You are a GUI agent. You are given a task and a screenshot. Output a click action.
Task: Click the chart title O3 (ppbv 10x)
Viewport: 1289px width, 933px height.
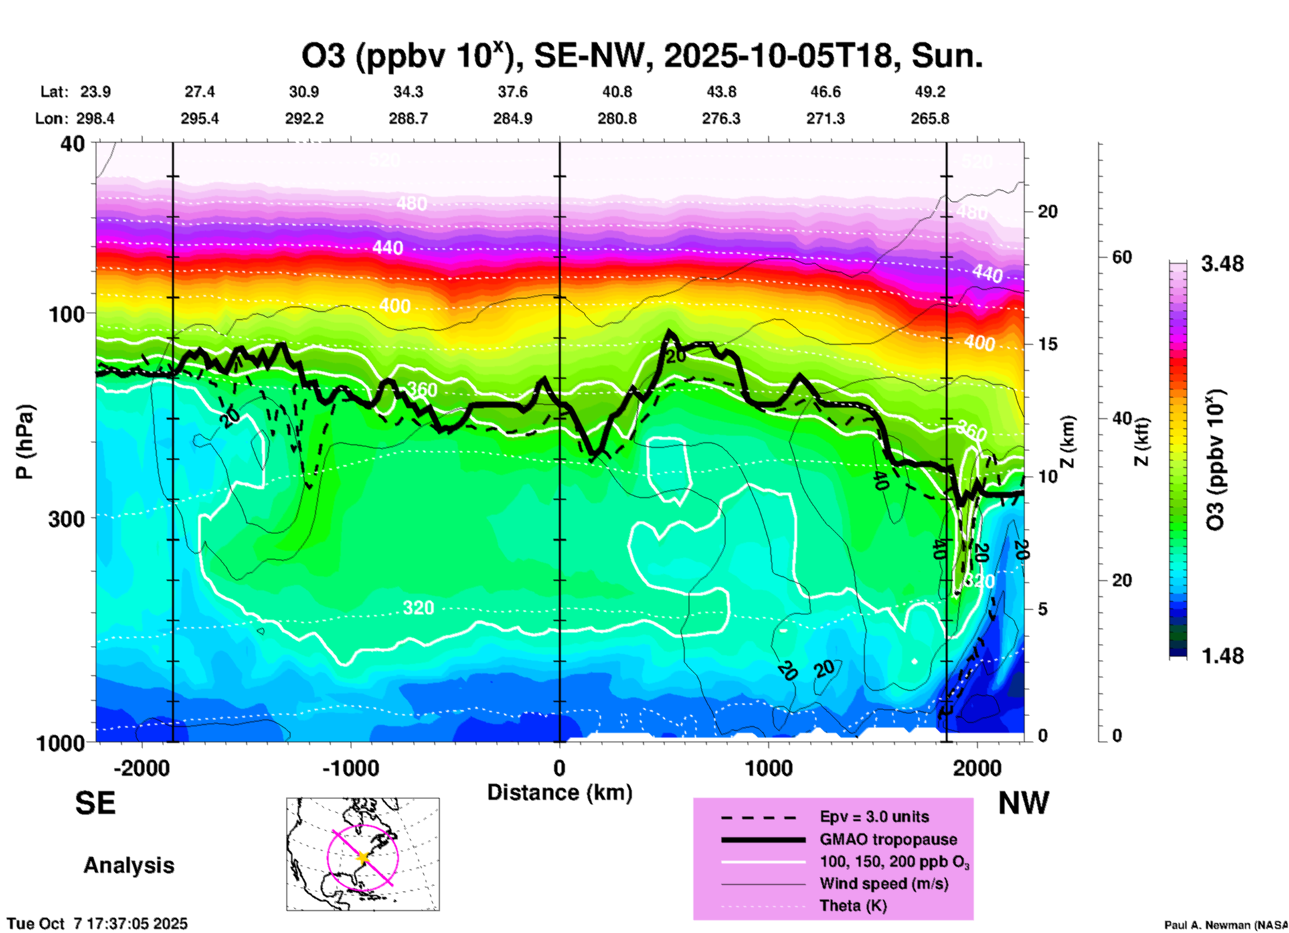pyautogui.click(x=641, y=56)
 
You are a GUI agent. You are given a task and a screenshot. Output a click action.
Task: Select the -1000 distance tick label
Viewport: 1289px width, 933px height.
pyautogui.click(x=350, y=768)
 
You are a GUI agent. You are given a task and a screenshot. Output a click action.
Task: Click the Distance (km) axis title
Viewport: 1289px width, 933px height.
pyautogui.click(x=560, y=792)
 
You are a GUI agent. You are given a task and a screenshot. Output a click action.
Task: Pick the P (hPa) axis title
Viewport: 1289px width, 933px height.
pyautogui.click(x=25, y=442)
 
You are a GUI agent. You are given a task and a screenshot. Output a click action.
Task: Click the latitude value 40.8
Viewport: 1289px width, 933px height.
pyautogui.click(x=616, y=92)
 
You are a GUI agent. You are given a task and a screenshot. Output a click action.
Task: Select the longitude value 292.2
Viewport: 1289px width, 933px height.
pyautogui.click(x=305, y=118)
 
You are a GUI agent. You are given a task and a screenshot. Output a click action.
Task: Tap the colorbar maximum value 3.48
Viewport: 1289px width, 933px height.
pyautogui.click(x=1222, y=264)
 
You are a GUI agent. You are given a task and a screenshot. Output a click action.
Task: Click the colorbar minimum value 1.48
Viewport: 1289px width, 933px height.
pyautogui.click(x=1222, y=656)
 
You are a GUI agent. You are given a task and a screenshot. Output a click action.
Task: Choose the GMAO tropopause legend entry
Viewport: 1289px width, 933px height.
pyautogui.click(x=887, y=839)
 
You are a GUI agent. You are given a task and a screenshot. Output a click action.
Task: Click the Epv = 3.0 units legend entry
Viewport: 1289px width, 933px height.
pyautogui.click(x=873, y=817)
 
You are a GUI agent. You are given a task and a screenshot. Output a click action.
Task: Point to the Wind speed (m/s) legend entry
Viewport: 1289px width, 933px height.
pyautogui.click(x=883, y=883)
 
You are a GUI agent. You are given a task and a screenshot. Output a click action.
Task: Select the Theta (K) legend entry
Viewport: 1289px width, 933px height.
pyautogui.click(x=853, y=906)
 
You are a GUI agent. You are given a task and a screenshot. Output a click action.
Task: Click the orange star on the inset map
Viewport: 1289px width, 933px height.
pyautogui.click(x=363, y=857)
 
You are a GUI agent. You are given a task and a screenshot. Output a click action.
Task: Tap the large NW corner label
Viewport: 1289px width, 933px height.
pyautogui.click(x=1023, y=803)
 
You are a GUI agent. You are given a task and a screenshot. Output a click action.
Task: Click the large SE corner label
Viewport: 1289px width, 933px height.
pyautogui.click(x=95, y=803)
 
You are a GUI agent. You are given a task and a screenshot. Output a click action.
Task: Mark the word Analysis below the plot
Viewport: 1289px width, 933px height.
pyautogui.click(x=128, y=865)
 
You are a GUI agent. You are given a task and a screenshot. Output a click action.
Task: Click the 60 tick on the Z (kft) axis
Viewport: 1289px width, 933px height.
pyautogui.click(x=1122, y=257)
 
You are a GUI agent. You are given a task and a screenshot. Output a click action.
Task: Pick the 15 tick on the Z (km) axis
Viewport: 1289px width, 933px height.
pyautogui.click(x=1047, y=344)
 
